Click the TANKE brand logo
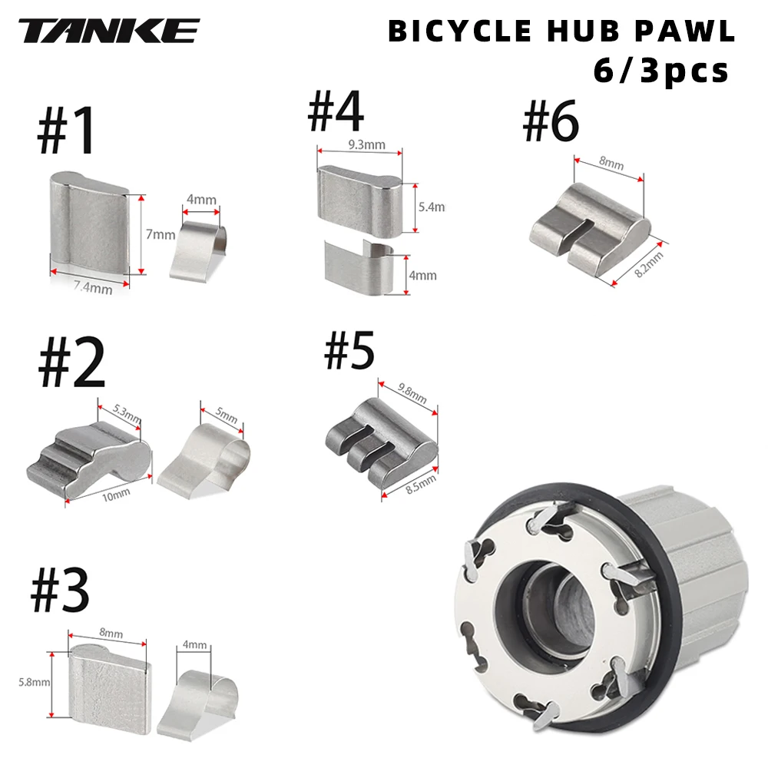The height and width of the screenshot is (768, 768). point(109,31)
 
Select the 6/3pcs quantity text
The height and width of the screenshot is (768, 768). point(660,71)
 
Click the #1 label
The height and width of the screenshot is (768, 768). point(68,130)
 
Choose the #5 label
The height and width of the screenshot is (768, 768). point(349,351)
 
